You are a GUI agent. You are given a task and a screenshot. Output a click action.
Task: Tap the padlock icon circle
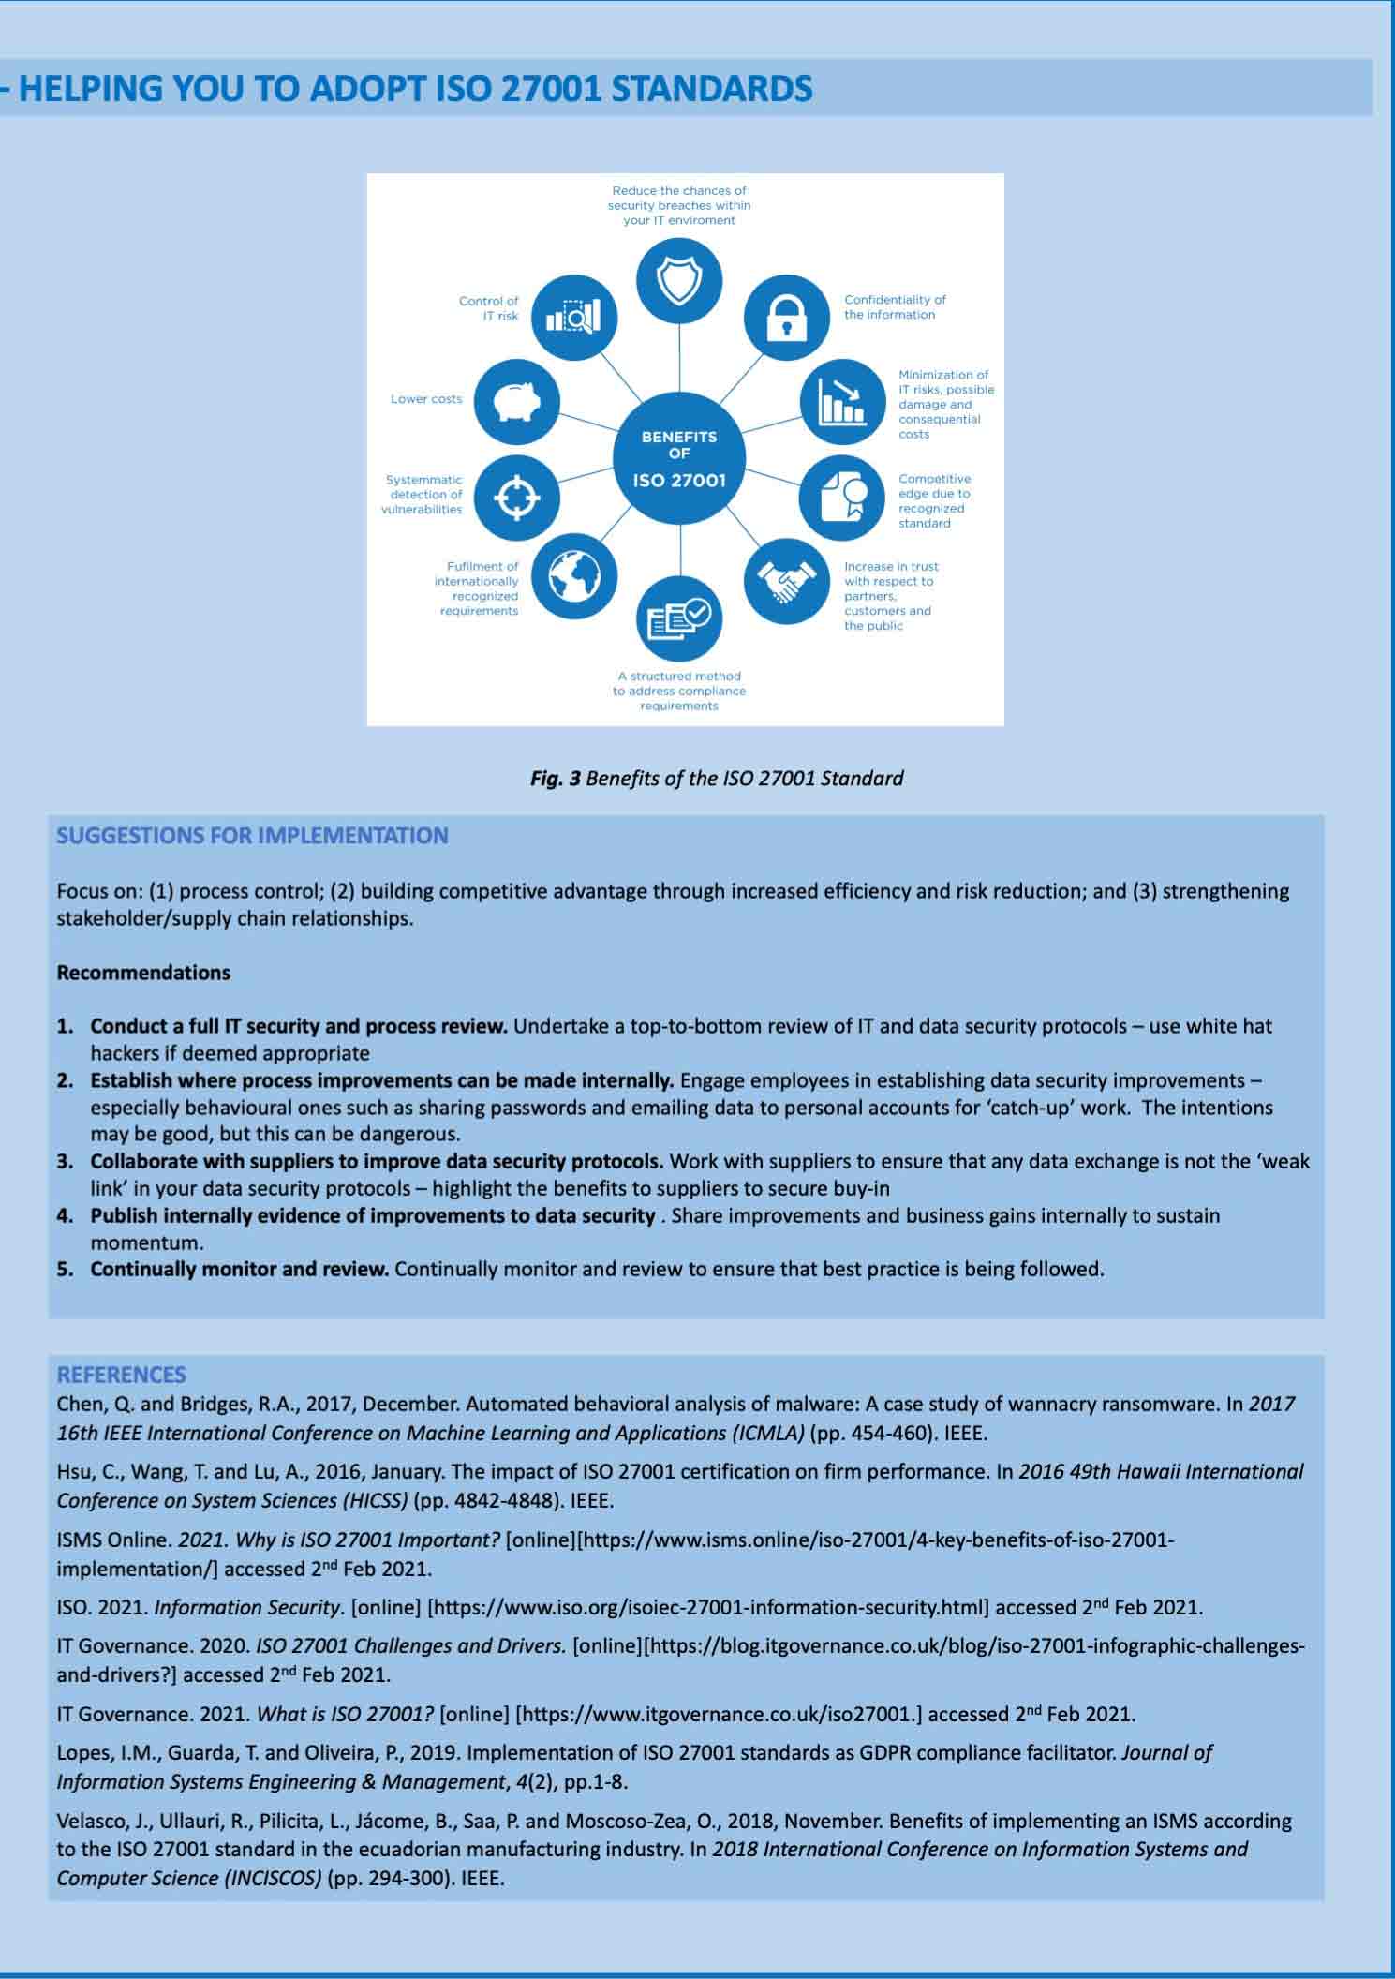click(x=787, y=317)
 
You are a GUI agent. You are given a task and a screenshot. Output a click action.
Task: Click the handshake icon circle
click(x=787, y=582)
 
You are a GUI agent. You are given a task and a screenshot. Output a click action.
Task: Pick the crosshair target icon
click(x=517, y=497)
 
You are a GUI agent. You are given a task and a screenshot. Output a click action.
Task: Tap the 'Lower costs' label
click(x=426, y=399)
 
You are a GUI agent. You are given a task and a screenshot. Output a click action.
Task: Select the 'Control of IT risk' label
click(x=488, y=308)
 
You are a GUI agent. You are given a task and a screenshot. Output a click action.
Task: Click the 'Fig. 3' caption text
click(x=716, y=778)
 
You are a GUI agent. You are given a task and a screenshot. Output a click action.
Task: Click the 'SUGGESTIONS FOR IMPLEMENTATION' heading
click(x=252, y=835)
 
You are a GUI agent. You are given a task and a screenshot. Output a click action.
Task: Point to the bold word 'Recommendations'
click(x=143, y=973)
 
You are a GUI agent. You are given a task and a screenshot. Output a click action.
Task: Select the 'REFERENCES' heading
click(x=121, y=1375)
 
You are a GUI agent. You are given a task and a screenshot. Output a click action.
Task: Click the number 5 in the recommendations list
click(x=65, y=1270)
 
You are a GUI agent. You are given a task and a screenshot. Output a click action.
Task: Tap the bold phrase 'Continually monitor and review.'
click(x=239, y=1270)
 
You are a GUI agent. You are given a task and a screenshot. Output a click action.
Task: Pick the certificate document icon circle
click(x=840, y=498)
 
